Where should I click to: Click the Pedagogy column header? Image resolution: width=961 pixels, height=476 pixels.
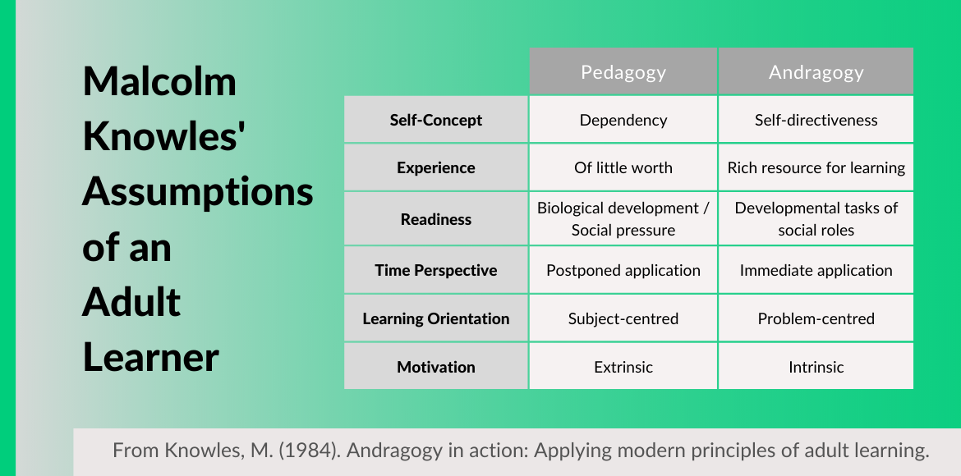623,71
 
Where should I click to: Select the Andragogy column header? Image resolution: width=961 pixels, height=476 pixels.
816,71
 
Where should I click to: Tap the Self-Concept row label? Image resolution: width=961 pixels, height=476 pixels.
436,120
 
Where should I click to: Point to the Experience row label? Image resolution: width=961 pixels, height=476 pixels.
436,167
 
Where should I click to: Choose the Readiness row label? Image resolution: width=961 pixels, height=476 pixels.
436,218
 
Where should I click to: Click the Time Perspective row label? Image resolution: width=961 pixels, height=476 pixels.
436,270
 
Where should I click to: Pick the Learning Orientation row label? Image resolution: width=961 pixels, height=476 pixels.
436,318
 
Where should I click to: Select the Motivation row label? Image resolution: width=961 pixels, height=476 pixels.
436,366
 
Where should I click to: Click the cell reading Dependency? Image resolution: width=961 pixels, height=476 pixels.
623,120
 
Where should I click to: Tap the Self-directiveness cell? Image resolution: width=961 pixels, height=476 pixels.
816,120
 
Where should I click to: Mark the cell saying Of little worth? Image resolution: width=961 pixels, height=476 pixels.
623,167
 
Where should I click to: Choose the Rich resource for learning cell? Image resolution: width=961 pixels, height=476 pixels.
816,167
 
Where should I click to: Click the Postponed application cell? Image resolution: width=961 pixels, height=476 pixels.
623,270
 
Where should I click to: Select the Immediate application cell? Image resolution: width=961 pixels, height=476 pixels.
816,270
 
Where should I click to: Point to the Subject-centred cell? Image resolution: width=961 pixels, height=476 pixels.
623,318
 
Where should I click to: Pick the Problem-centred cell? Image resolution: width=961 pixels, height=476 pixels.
816,318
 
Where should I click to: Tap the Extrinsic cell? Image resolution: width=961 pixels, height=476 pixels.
623,366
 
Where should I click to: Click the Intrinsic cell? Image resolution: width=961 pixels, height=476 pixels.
816,366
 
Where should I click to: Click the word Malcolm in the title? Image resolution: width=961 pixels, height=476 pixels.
159,81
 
